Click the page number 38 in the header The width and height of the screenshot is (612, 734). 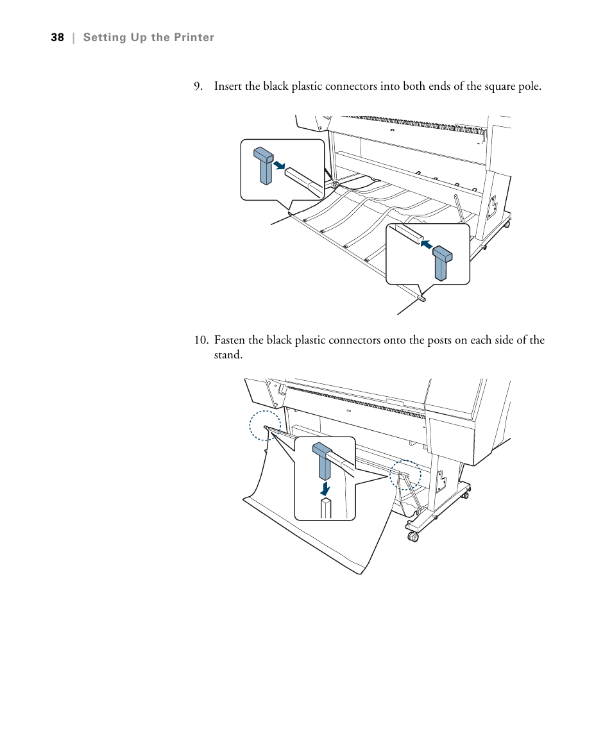coord(58,38)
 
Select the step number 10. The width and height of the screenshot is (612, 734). coord(201,340)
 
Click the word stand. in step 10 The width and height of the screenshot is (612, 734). coord(228,354)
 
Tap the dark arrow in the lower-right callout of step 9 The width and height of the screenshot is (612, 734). coord(424,246)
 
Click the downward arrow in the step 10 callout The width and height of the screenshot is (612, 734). coord(325,488)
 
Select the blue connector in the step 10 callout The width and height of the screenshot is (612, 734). coord(322,460)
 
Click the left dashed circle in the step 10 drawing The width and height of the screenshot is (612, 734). coord(265,426)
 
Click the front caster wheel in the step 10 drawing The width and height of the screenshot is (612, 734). coord(412,536)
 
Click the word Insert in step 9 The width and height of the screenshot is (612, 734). coord(228,86)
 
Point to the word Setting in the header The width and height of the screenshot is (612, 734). coord(104,38)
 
